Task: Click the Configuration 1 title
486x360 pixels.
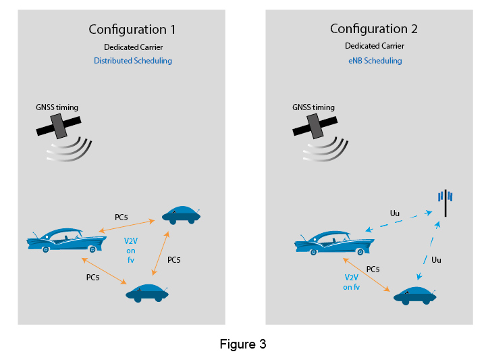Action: point(132,30)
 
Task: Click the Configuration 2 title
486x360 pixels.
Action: point(373,29)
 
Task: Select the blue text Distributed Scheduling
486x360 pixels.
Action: point(132,61)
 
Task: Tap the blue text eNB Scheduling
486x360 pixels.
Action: point(373,61)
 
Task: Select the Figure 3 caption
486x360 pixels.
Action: point(243,344)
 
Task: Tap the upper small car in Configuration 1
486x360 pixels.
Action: point(180,214)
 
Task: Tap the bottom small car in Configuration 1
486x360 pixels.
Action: point(148,292)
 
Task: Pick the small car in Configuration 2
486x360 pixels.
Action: point(415,295)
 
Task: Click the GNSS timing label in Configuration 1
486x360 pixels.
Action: point(57,107)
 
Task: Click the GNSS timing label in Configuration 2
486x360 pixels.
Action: point(313,107)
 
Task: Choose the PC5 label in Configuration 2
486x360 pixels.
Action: point(373,269)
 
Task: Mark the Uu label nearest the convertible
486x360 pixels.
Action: point(396,213)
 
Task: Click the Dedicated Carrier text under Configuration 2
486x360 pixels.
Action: point(374,47)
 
